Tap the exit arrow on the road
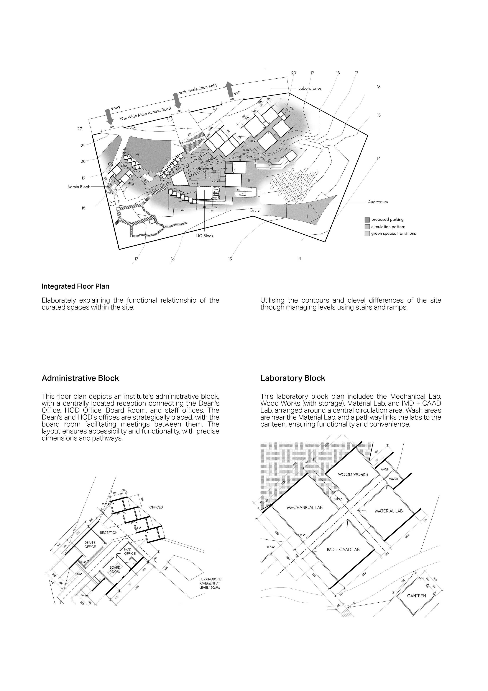point(229,89)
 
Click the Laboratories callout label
point(310,88)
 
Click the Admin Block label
point(78,187)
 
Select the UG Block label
point(205,236)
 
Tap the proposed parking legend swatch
point(367,220)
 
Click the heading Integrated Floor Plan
point(75,286)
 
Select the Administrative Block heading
point(80,378)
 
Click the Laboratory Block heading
point(293,378)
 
